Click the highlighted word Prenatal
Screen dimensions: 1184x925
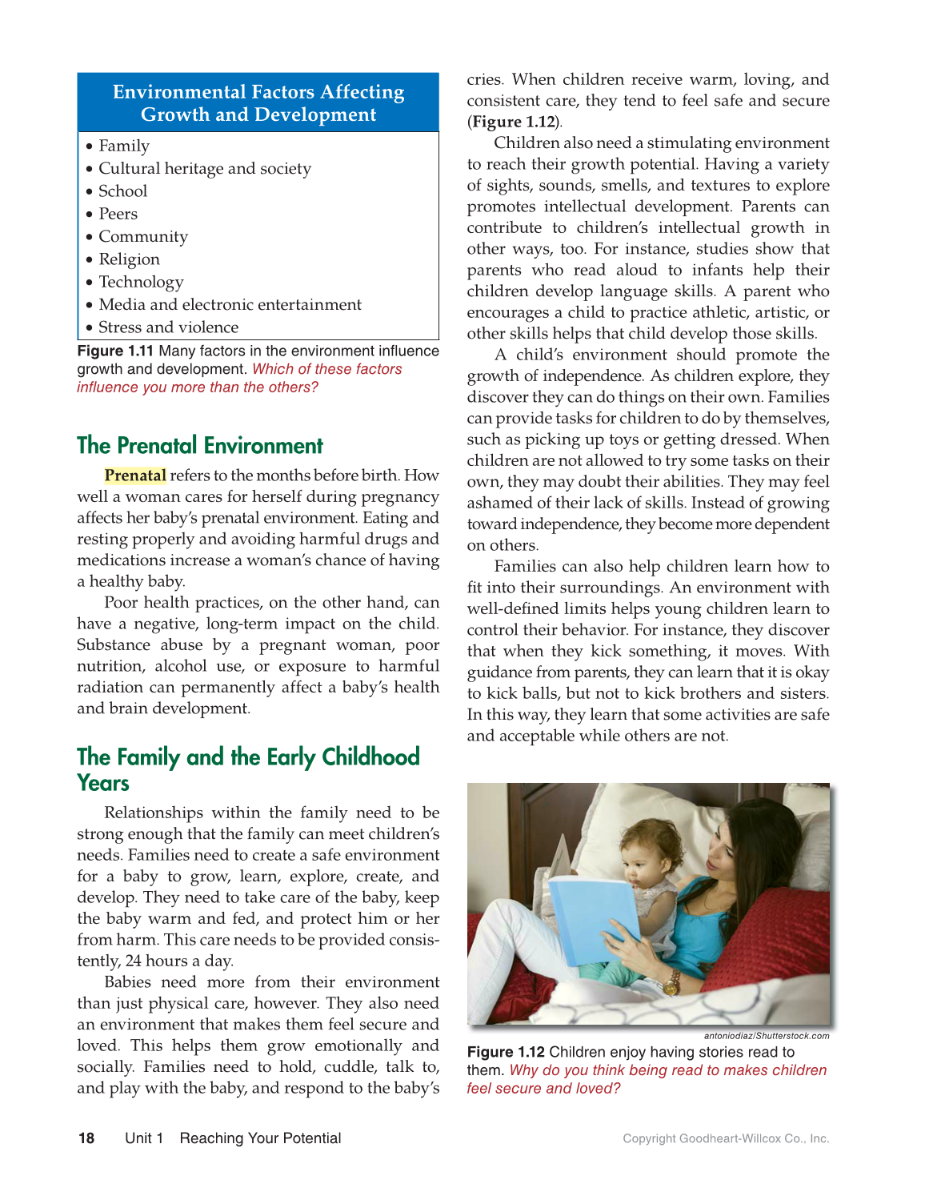click(135, 476)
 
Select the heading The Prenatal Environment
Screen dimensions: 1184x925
click(200, 446)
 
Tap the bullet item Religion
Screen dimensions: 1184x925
click(129, 259)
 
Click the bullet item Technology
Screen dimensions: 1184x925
click(141, 282)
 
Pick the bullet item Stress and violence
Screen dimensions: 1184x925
click(168, 327)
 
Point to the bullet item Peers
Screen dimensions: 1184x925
click(118, 214)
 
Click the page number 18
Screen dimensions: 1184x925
click(86, 1138)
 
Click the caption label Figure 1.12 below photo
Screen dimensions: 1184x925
click(506, 1052)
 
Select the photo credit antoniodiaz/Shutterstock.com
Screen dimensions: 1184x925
click(766, 1036)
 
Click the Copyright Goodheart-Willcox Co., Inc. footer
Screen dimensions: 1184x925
click(726, 1138)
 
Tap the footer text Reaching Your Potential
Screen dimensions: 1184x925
click(260, 1138)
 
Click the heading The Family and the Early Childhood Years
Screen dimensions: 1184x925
click(248, 769)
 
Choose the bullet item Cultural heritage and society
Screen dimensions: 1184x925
click(204, 169)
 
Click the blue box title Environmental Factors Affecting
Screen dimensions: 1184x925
click(258, 93)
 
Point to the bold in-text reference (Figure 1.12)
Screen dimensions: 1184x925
click(515, 122)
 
